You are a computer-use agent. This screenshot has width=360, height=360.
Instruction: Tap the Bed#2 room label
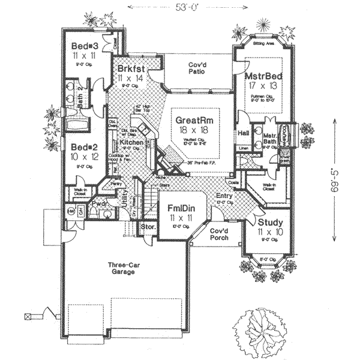coord(83,146)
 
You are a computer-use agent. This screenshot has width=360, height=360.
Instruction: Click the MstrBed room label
coord(264,77)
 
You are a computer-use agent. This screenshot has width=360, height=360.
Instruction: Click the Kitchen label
coord(131,143)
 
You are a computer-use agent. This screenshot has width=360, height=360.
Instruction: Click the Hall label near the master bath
coord(243,133)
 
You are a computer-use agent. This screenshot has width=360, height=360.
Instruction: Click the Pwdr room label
coord(99,203)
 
